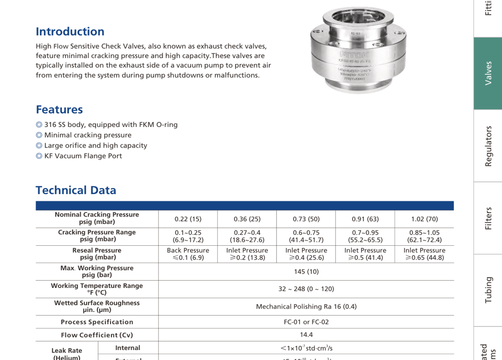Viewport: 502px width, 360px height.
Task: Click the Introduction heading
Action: click(x=70, y=32)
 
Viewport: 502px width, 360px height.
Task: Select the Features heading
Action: click(x=59, y=110)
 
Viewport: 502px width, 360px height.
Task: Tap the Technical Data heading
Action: click(x=76, y=190)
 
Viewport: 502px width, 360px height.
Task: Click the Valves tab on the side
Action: click(x=488, y=74)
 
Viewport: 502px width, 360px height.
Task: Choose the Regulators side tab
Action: click(x=488, y=146)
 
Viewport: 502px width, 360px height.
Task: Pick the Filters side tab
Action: click(x=488, y=218)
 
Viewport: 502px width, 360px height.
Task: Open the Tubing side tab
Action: click(x=488, y=290)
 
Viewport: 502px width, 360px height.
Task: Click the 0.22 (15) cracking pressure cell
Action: click(x=188, y=219)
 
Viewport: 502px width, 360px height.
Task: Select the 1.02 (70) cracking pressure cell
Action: click(x=424, y=219)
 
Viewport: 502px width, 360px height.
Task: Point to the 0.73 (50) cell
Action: click(x=306, y=219)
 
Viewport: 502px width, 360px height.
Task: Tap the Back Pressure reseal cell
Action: click(x=188, y=254)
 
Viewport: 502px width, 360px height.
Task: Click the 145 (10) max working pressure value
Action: click(x=306, y=272)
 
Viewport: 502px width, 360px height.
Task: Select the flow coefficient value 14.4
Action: click(x=306, y=335)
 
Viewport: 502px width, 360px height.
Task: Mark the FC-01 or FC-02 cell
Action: click(x=306, y=322)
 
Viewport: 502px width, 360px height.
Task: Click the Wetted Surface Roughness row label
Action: click(x=97, y=306)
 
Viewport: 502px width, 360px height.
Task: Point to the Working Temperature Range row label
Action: click(x=97, y=289)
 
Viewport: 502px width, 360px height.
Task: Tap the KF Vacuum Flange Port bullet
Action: click(x=83, y=156)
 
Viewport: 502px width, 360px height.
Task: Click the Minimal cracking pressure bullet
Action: click(x=87, y=135)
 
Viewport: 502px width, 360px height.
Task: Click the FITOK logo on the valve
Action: click(x=354, y=54)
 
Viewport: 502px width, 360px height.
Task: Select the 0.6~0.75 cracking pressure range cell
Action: click(x=306, y=237)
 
